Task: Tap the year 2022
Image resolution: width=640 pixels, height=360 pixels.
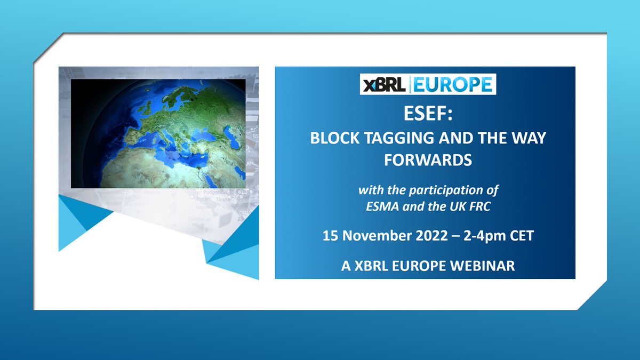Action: point(428,236)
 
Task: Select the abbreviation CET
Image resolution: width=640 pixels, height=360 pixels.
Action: point(521,236)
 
